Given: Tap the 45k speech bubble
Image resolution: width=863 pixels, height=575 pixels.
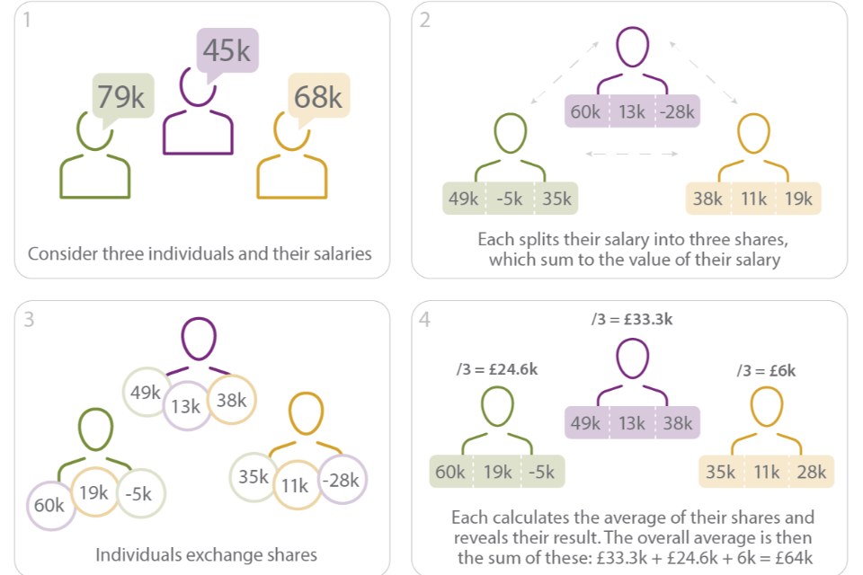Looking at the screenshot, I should point(227,51).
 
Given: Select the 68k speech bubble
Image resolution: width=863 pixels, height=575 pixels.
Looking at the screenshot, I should point(317,96).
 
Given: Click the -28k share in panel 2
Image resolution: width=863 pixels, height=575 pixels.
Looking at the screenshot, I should point(678,112).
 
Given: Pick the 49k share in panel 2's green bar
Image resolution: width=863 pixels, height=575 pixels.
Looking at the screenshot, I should point(463,199).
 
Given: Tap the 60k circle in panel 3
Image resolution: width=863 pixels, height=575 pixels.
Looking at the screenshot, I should point(49,505).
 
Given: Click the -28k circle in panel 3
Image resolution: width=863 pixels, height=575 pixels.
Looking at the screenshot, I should point(343,481).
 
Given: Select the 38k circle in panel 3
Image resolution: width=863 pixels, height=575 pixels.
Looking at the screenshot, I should point(231,401).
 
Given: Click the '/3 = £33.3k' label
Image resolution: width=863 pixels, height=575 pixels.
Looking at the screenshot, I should point(632,319).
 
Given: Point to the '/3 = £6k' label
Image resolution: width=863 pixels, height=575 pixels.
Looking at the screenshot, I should point(765,370).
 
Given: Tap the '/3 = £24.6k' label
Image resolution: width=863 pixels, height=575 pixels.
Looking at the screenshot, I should point(497,370).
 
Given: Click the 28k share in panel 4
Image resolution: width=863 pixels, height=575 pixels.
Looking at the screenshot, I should point(811,472).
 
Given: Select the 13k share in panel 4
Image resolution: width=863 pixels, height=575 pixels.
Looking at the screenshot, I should point(632,422).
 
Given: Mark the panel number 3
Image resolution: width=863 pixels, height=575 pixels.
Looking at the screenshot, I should point(30,319).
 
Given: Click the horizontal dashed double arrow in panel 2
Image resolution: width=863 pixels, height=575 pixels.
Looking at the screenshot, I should point(632,155).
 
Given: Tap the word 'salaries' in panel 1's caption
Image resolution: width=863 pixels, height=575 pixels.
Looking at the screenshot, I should point(337,253).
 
